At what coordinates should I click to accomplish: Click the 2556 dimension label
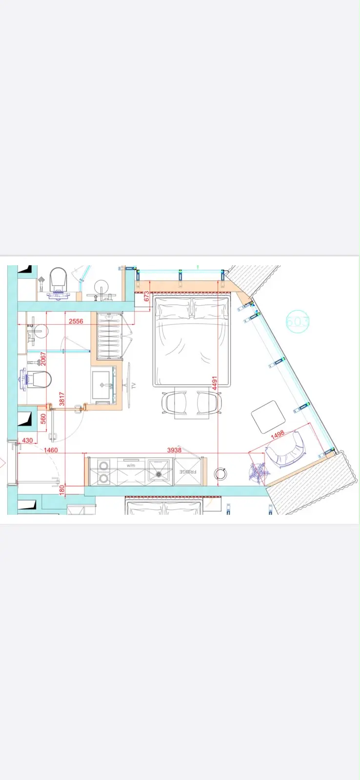click(x=76, y=321)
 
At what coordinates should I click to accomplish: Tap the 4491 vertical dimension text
click(x=215, y=383)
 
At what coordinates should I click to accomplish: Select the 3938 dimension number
click(x=174, y=450)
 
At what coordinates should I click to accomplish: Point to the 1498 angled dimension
click(x=278, y=434)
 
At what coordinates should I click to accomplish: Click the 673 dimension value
click(x=146, y=296)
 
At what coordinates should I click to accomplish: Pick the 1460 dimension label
click(x=51, y=450)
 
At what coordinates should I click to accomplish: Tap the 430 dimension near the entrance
click(x=27, y=441)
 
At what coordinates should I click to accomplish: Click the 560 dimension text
click(x=43, y=419)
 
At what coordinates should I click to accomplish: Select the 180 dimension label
click(x=62, y=490)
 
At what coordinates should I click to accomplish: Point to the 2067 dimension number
click(x=43, y=359)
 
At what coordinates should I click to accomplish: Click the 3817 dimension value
click(x=61, y=399)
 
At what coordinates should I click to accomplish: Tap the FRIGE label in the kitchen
click(x=188, y=472)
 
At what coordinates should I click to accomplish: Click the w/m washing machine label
click(x=131, y=465)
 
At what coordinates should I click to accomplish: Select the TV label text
click(x=133, y=386)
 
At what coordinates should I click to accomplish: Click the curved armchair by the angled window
click(x=286, y=449)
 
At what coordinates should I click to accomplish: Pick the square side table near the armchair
click(x=268, y=416)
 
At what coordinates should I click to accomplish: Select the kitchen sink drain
click(x=159, y=474)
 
